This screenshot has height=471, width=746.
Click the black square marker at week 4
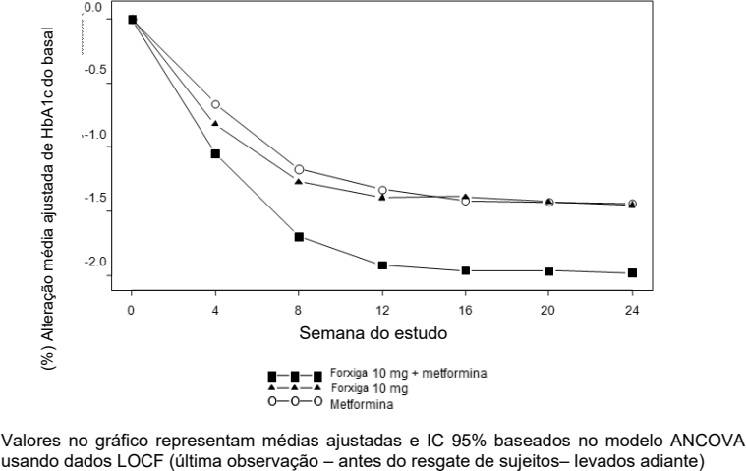(215, 153)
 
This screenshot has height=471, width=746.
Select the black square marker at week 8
(299, 237)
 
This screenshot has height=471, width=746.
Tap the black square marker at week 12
(382, 265)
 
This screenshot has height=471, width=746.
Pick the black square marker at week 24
(632, 272)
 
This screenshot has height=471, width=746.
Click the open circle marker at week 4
(215, 104)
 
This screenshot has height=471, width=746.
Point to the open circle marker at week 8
(299, 169)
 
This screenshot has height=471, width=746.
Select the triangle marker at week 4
(215, 124)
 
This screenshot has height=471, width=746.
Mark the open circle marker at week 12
(382, 189)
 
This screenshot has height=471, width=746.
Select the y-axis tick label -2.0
(94, 263)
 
